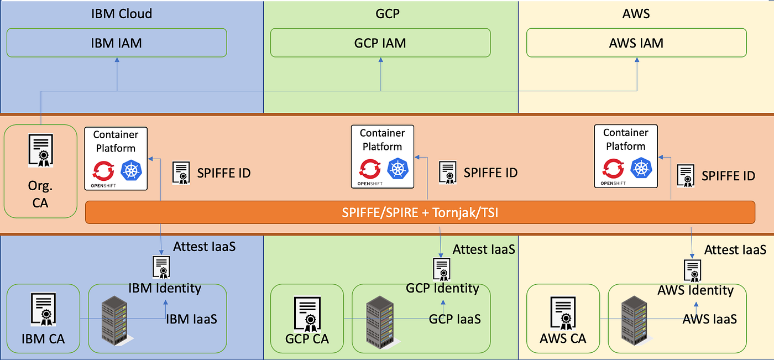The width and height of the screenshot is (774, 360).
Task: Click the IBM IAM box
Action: (117, 43)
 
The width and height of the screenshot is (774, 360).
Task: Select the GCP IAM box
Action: (380, 43)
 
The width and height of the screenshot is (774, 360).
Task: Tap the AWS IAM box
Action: (636, 43)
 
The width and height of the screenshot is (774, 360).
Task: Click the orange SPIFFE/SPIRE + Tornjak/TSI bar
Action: (420, 212)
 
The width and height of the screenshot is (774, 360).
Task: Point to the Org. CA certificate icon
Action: (40, 150)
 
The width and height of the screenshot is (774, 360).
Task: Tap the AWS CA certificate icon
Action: (563, 313)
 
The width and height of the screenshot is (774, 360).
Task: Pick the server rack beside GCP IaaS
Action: (379, 321)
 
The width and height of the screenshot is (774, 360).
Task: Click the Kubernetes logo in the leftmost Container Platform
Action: (132, 170)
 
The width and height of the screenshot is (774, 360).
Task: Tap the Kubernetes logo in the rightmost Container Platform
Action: (641, 168)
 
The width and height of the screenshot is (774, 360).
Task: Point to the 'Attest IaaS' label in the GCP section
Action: (484, 249)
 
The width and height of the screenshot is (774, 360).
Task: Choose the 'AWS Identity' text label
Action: (695, 290)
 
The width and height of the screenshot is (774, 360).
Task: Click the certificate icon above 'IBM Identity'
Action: (161, 267)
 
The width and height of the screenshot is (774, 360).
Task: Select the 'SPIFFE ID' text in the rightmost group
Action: (728, 175)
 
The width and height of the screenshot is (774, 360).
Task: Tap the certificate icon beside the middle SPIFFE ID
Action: (447, 172)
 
